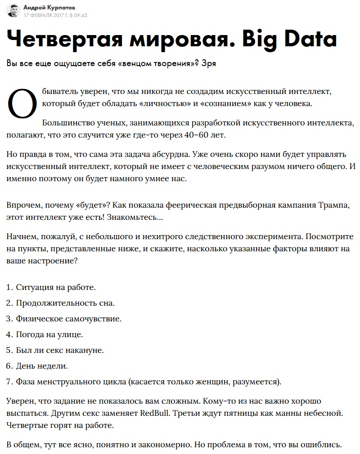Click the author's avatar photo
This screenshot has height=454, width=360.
click(13, 10)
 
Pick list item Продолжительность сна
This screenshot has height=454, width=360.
click(65, 303)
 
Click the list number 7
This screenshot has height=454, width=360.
click(9, 382)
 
